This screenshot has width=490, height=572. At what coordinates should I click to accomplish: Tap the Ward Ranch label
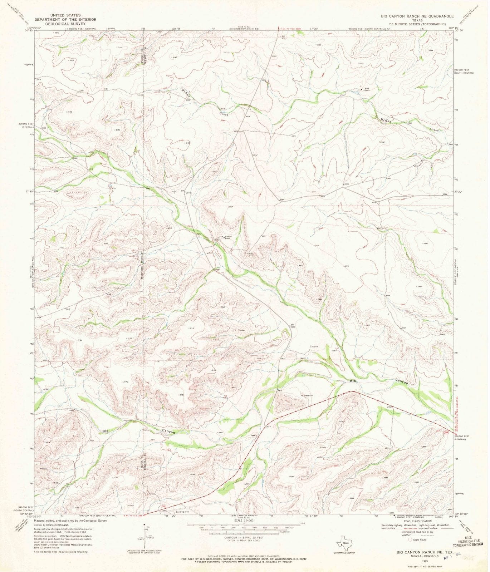pos(367,89)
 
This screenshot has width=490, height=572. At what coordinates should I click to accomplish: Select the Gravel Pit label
pos(308,395)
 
